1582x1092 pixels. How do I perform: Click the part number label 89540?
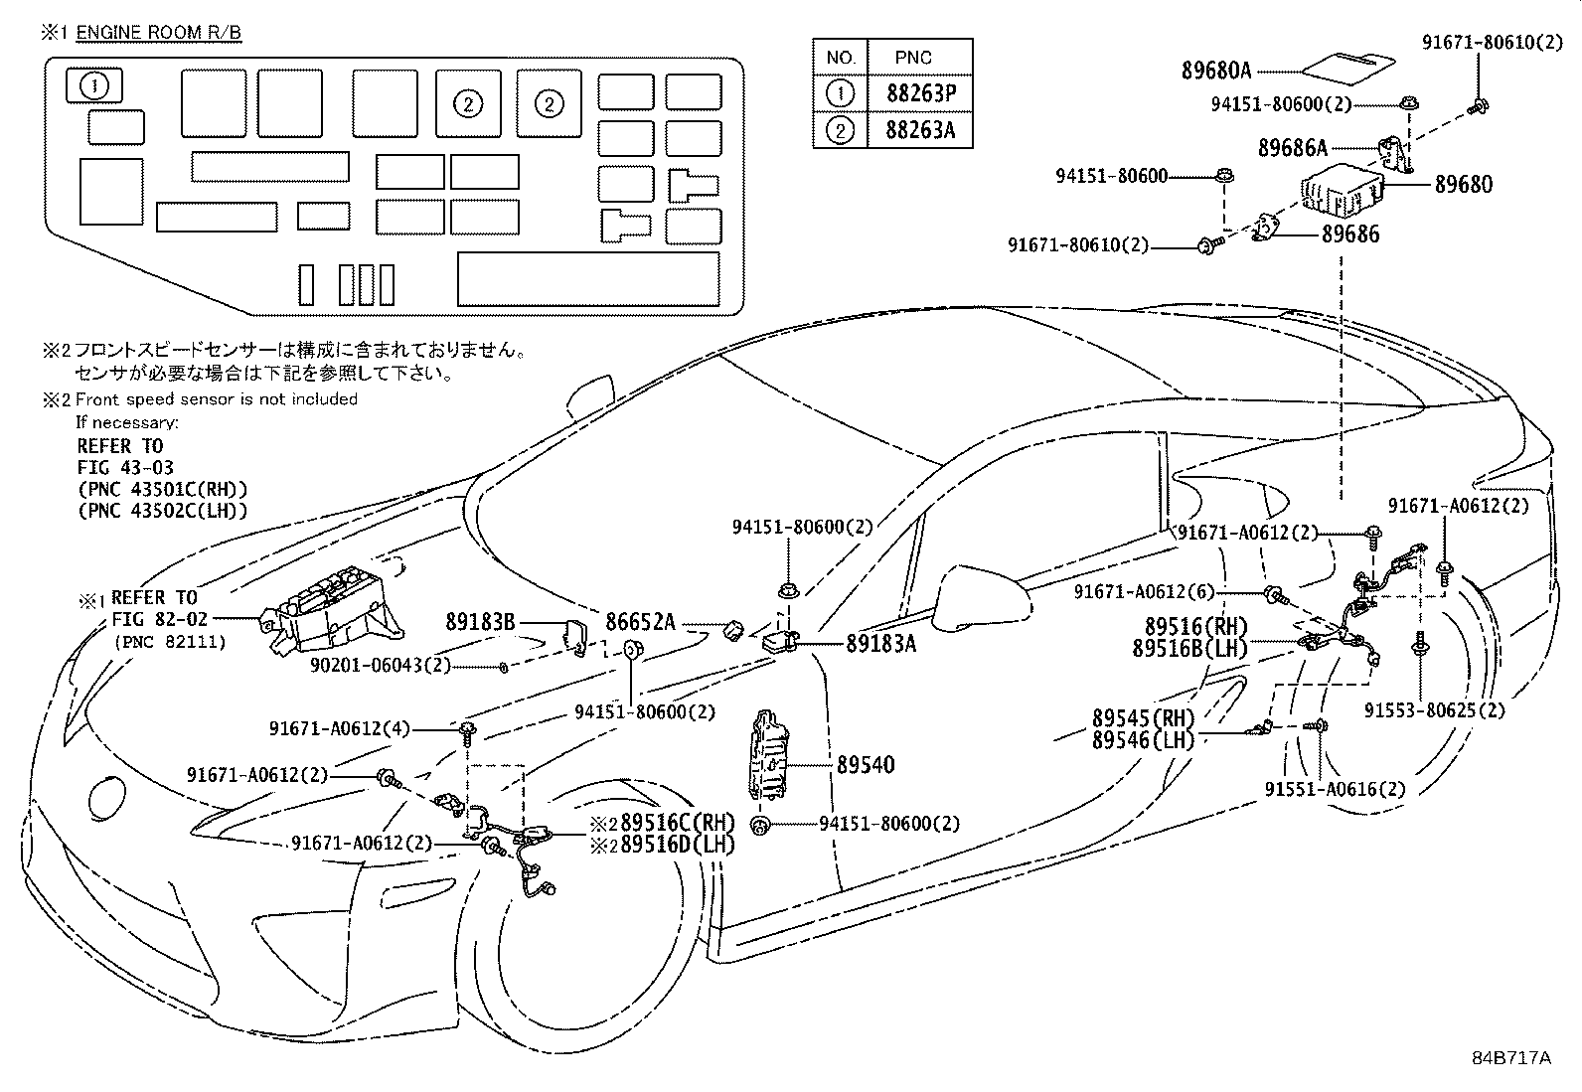[x=865, y=765]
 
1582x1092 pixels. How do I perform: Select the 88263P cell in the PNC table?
[x=919, y=94]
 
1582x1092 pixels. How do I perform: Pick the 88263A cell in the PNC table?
[x=919, y=130]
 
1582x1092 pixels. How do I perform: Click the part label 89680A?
[x=1215, y=71]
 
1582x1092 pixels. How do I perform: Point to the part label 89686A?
[x=1292, y=148]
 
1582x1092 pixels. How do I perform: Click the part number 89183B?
[x=480, y=622]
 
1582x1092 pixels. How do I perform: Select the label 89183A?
[x=880, y=644]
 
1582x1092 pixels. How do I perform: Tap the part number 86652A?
[x=640, y=622]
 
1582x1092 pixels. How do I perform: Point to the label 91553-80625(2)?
[x=1433, y=710]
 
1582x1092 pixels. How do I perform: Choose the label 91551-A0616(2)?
[x=1335, y=790]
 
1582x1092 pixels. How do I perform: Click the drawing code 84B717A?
[x=1510, y=1057]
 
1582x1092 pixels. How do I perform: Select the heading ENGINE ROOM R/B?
[x=159, y=32]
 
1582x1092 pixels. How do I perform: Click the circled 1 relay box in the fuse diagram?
[x=94, y=85]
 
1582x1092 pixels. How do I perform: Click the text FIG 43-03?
[x=125, y=467]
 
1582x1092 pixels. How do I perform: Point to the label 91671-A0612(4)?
[x=339, y=728]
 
